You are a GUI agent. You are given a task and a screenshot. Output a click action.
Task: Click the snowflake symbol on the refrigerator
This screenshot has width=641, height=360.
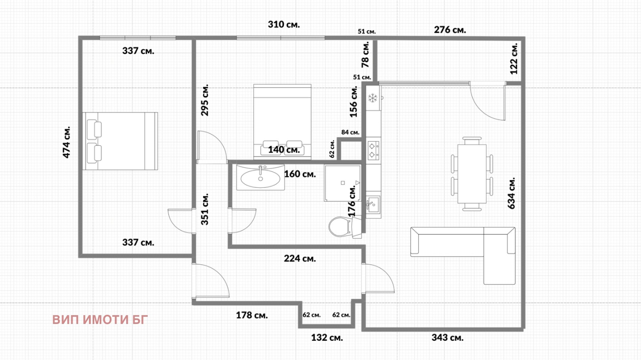pos(373,99)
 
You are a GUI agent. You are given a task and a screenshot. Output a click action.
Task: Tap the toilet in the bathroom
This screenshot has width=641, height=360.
pos(345,227)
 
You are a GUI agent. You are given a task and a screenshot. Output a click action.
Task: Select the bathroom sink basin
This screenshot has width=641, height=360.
pos(260,177)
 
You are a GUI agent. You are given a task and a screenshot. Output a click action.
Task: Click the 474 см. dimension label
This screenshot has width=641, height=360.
pos(67,142)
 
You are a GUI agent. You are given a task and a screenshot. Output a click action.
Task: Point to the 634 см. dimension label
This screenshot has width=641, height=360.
pos(511,193)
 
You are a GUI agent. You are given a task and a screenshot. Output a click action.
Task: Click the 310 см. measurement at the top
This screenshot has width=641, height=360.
pos(284,24)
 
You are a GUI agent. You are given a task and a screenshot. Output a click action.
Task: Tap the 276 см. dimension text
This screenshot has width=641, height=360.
pos(450,30)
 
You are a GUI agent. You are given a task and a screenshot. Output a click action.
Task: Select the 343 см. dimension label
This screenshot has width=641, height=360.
pos(447,338)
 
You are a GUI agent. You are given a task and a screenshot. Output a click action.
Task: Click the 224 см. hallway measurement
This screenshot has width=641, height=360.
pos(300,259)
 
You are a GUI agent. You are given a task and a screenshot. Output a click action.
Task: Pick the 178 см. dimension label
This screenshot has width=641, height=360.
pos(252,315)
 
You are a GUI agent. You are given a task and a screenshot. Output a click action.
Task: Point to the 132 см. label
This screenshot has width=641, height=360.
pos(327,338)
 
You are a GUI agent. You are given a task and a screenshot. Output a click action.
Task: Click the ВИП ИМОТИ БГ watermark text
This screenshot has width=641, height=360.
pos(100,320)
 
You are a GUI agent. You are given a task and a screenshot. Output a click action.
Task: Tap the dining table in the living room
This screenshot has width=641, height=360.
pos(472,174)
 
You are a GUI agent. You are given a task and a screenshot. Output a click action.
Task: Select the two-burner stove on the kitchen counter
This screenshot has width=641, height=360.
pos(373,151)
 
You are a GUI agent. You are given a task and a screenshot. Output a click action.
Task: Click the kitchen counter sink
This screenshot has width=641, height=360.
pos(373,205)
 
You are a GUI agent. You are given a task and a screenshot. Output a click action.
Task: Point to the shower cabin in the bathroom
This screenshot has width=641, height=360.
pos(343,183)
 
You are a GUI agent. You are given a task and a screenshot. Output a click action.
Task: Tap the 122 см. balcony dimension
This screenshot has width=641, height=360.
pos(514,58)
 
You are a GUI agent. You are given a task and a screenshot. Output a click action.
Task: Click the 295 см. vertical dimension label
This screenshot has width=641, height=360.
pos(205,100)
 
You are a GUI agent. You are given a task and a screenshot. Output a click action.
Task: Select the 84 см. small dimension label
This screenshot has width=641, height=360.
pos(350,133)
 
